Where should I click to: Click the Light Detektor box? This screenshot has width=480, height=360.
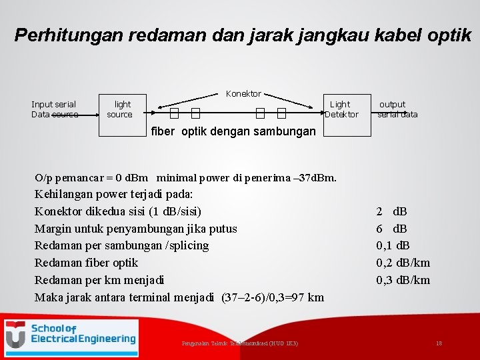point(341,109)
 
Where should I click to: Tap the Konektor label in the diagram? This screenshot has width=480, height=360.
point(243,93)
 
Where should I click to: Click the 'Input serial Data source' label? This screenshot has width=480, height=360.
point(54,109)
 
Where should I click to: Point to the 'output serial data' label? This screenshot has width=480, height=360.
point(397,109)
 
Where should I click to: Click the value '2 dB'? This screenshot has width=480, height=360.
point(391,212)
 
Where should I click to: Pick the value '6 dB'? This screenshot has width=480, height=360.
point(391,229)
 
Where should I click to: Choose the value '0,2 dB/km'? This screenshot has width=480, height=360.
point(403,263)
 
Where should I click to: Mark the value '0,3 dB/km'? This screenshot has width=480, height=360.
point(403,280)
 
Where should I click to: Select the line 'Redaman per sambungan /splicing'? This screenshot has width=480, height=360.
point(121,245)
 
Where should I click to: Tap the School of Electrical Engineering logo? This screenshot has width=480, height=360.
point(71,335)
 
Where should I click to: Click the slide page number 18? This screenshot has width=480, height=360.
point(439,343)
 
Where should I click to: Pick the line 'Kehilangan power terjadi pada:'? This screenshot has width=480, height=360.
point(113,195)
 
